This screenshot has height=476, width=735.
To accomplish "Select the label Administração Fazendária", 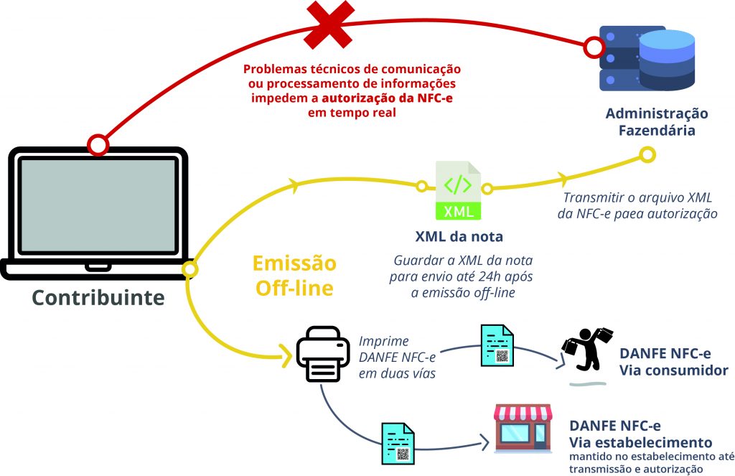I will point(656,123).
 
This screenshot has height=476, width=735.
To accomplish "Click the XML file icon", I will point(458,191).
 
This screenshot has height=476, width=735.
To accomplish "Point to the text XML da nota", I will point(459,237).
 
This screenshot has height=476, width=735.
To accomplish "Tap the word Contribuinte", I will point(97,297).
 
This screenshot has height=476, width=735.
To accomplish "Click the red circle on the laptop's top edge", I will point(98,145).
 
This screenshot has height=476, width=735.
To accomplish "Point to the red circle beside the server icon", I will point(594,48).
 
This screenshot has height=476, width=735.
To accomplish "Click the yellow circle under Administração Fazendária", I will point(647,154).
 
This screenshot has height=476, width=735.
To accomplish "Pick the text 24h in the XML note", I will point(495,276).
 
